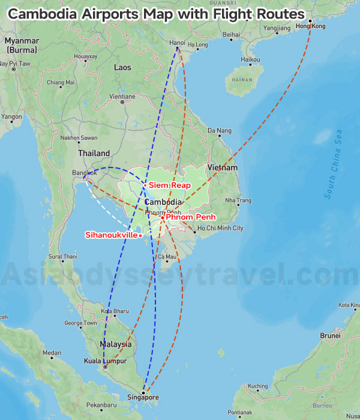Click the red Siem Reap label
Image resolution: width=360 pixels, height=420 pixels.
(x=170, y=185)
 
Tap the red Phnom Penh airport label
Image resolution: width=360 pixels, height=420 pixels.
(x=190, y=217)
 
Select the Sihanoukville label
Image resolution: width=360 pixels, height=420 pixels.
(x=111, y=235)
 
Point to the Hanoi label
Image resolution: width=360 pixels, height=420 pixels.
(x=177, y=43)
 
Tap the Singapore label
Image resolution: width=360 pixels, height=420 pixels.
(x=143, y=397)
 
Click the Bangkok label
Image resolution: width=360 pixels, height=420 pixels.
(x=84, y=173)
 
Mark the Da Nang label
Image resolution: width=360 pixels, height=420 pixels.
(x=219, y=130)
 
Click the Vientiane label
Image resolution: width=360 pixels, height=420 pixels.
(x=122, y=96)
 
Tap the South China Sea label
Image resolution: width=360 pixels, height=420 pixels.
(x=334, y=164)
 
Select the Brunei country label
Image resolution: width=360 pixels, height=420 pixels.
(x=330, y=336)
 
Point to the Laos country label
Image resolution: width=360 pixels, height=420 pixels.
(x=122, y=67)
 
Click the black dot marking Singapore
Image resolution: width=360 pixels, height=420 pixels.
(x=143, y=392)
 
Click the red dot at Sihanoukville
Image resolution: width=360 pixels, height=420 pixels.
(x=140, y=236)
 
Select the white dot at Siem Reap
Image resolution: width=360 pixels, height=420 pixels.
(x=145, y=185)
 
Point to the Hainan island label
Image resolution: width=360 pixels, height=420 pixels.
(x=242, y=79)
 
